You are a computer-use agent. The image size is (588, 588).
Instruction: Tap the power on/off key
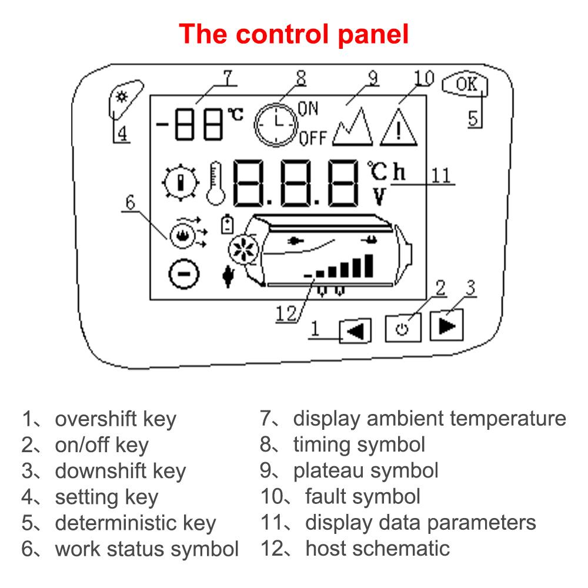coord(403,328)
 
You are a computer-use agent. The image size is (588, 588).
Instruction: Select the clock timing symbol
coord(276,123)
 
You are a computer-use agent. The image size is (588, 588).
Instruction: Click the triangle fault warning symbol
coord(399,127)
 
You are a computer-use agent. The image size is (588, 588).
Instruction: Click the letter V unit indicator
coord(378,196)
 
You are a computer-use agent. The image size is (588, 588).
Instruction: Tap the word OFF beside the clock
coord(312,139)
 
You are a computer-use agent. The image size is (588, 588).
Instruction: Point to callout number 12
coord(288,314)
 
